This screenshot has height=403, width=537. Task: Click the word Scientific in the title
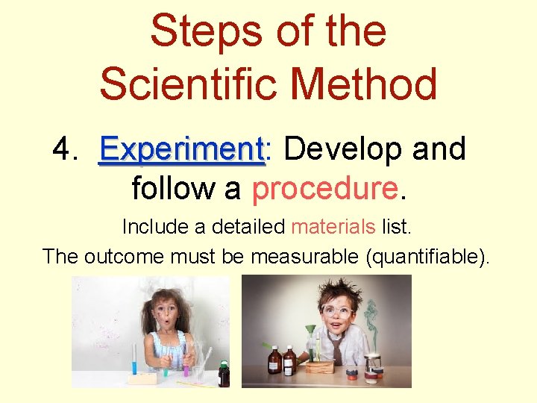(x=198, y=84)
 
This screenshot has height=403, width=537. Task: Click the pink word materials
(x=333, y=225)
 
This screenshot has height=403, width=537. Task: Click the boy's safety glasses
(x=336, y=310)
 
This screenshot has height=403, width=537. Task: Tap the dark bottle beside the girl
(x=223, y=373)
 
